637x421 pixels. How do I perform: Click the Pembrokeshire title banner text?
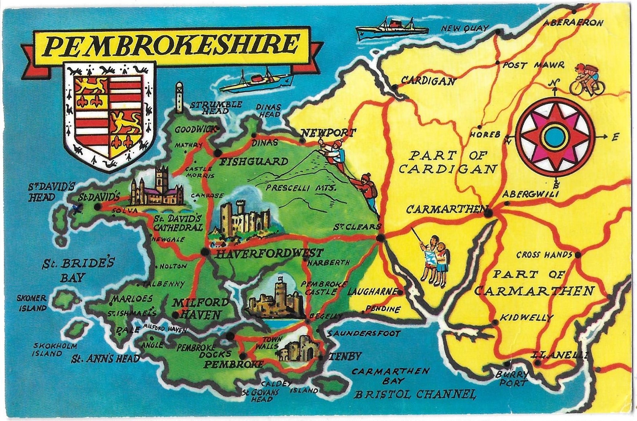(171, 45)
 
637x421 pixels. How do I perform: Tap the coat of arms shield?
(109, 116)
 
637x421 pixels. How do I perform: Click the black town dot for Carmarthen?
(488, 213)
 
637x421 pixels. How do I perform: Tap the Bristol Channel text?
(414, 394)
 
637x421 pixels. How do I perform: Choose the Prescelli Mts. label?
(301, 188)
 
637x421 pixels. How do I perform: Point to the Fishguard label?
(254, 162)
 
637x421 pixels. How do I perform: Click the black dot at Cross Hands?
(578, 255)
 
